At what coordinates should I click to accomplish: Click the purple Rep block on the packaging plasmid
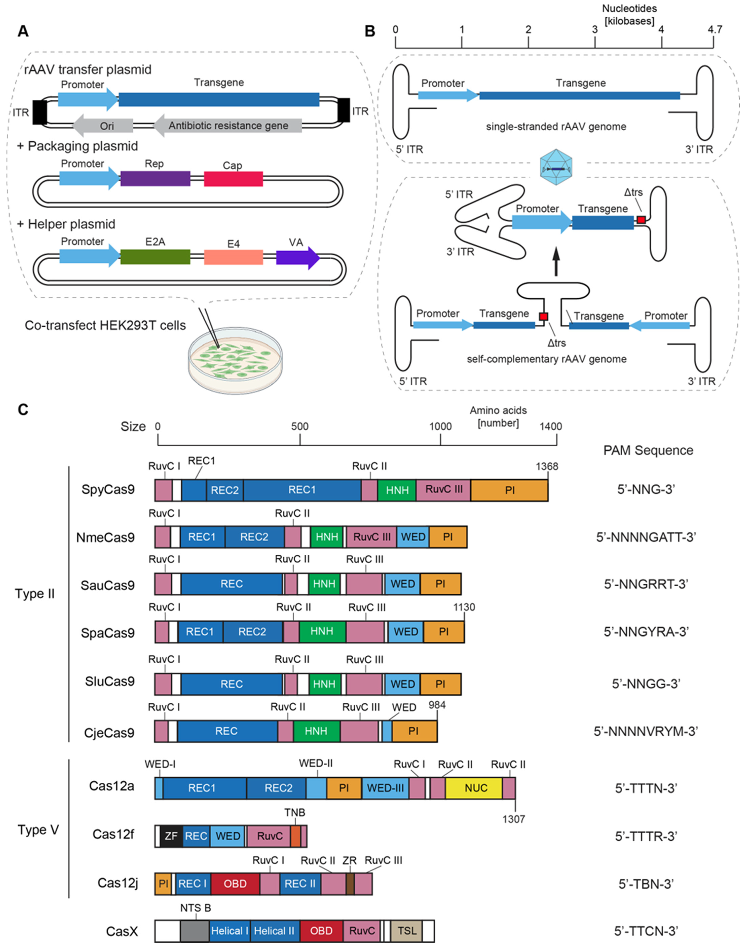(x=155, y=179)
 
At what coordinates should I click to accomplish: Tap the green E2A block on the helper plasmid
(x=155, y=257)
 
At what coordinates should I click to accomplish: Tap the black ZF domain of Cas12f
(x=171, y=836)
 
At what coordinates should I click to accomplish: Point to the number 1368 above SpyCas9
(x=547, y=466)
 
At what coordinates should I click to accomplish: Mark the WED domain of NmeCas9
(x=413, y=537)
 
